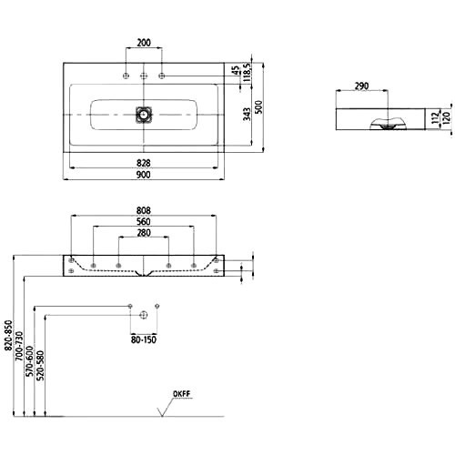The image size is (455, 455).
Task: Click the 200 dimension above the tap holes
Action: coord(144,43)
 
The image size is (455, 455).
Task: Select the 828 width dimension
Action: coord(144,163)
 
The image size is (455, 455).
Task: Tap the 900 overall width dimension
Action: coord(144,175)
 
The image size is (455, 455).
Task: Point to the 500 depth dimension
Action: coord(258,107)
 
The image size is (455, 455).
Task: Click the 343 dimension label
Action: coord(248,115)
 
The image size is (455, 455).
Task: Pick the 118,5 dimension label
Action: coord(247,73)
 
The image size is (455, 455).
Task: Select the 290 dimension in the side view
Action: coord(361,86)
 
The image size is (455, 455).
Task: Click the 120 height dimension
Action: coord(446,118)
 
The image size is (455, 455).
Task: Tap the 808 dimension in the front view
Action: coord(144,210)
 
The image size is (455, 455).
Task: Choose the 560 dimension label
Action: coord(144,222)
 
